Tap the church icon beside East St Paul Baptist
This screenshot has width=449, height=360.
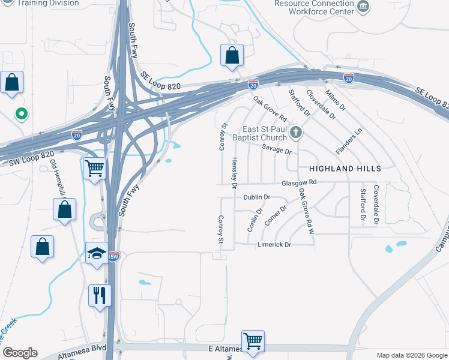coord(295,132)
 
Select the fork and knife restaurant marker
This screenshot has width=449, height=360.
coord(100,295)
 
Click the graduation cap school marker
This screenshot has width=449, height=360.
coord(96,253)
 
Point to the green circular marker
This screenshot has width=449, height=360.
coord(22,113)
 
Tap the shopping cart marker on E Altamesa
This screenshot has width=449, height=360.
coord(253,341)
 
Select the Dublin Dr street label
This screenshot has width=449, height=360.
coord(258,197)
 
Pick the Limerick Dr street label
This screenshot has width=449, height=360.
coord(274,245)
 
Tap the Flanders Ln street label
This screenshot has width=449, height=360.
coord(349,142)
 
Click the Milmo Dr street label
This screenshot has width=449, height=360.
coord(335,100)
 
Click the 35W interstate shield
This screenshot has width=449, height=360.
coord(113,257)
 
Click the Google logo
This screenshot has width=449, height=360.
coord(20,353)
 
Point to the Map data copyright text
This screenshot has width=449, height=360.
coord(411,355)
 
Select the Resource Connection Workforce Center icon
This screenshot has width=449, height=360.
coord(363,6)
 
